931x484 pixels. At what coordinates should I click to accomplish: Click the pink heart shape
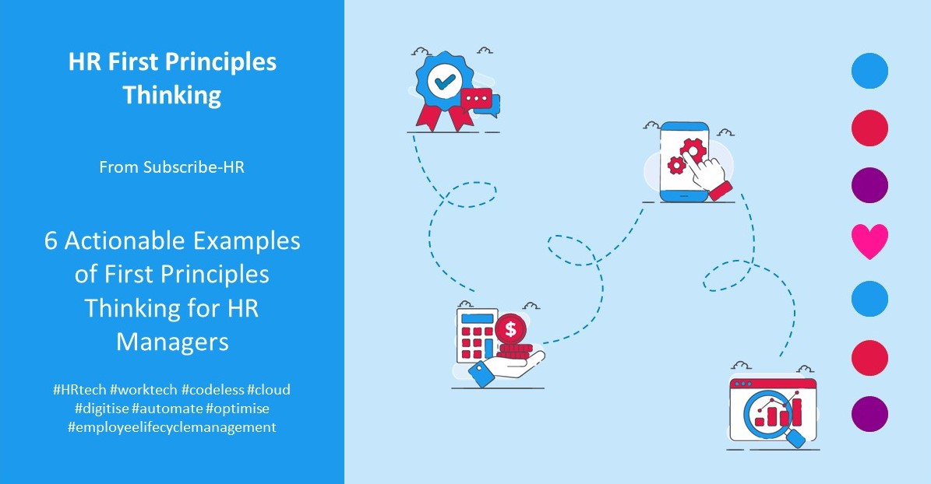coord(869,242)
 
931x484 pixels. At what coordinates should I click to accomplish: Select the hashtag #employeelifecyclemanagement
coord(172,427)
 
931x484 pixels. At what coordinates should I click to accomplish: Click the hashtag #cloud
coord(269,389)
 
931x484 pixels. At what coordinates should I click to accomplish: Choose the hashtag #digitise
coord(101,408)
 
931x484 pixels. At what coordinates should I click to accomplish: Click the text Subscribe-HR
coord(193,167)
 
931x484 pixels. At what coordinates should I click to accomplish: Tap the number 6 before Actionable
coord(51,241)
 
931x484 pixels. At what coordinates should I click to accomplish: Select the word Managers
coord(172,342)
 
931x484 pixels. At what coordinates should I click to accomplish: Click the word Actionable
coord(125,241)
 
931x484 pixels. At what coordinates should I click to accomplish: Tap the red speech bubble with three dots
coord(477,99)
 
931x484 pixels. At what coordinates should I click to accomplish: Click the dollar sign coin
coord(510,328)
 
